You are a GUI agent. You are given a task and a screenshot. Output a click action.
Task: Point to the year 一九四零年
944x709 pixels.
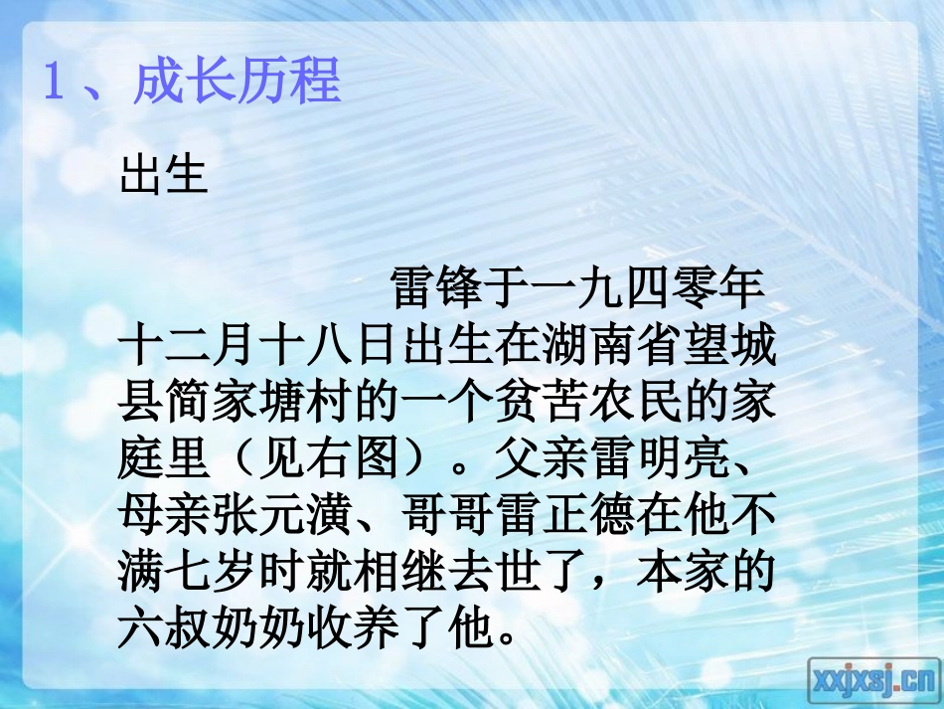648,287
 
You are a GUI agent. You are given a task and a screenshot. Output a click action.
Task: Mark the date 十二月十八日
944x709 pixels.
258,352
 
